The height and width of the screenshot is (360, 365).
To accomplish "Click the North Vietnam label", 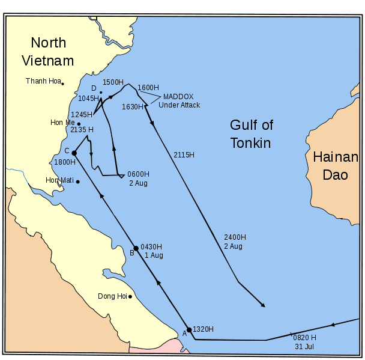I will point(48,52).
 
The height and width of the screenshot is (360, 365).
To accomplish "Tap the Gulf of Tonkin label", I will point(251,134).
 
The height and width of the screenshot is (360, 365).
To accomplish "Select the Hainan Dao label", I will point(335,166).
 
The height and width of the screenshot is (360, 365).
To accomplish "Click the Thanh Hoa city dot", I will point(62,84).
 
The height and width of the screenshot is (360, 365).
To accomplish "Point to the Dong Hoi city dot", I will point(130,296).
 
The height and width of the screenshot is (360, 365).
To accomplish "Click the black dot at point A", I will point(189,329).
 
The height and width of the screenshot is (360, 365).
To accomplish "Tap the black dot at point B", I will point(136,248).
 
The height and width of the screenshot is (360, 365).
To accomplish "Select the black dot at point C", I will point(74,153).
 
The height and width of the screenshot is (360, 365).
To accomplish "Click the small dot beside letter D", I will point(101,93).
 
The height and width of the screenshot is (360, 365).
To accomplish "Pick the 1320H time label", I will point(203,329).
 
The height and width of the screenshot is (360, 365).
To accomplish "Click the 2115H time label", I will point(184,155).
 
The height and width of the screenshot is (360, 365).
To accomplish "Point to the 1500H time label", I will point(113,82).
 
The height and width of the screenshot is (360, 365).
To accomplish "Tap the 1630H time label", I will point(132,107).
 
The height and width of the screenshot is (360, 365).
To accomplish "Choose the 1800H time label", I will point(64,162).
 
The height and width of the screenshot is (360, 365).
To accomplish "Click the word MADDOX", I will point(178,96).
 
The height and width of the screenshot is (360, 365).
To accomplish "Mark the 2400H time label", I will point(234,237).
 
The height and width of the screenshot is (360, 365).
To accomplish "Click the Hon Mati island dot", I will point(77,182).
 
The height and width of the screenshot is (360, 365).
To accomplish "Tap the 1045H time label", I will point(88,98).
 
